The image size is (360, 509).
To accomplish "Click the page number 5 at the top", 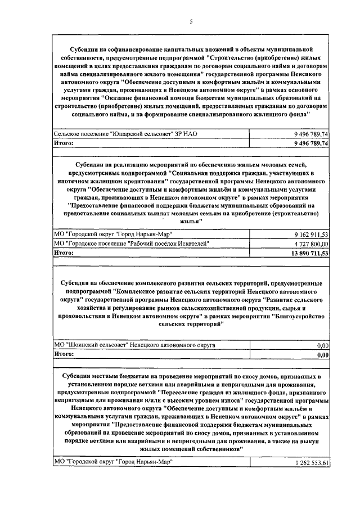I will point(191,21).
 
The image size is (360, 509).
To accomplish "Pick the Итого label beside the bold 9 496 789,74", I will point(64,144).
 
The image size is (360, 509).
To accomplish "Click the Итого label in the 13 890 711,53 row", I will point(64,254).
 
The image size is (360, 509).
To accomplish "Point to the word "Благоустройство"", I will point(296,317).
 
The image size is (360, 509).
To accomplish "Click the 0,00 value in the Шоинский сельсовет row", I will point(322,345).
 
